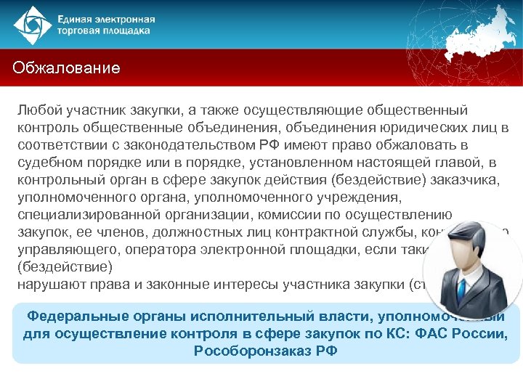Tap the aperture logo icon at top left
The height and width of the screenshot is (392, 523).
click(x=32, y=25)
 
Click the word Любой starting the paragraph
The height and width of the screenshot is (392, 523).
click(x=40, y=110)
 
